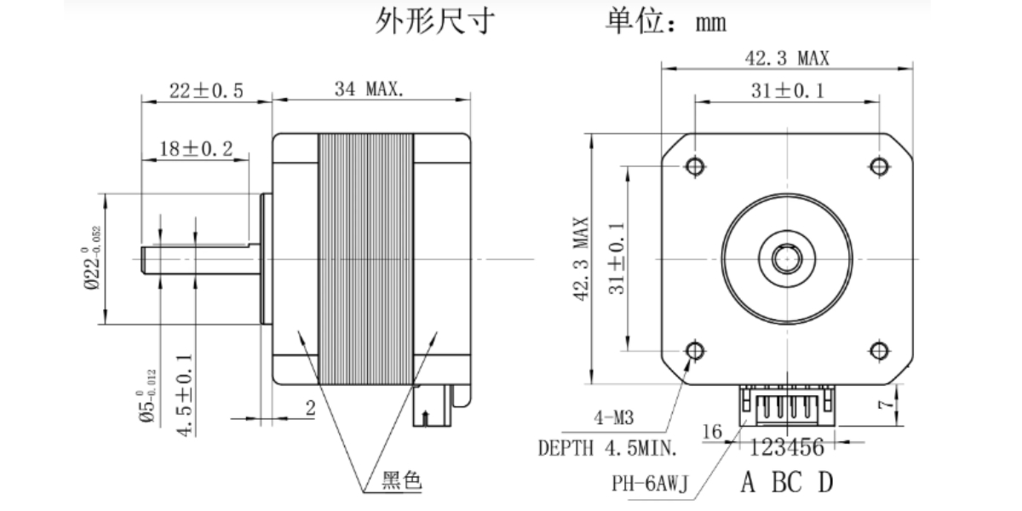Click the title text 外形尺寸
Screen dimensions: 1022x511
435,21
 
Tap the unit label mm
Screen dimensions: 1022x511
710,23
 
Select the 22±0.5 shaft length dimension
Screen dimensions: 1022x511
206,90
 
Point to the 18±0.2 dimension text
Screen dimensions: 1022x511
196,149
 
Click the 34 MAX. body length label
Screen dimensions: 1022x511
370,89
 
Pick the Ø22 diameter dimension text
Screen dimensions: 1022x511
92,258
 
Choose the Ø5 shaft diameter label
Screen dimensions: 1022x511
146,396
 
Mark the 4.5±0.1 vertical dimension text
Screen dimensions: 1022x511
185,395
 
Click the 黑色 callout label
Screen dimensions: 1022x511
401,480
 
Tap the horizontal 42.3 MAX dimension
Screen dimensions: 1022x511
787,59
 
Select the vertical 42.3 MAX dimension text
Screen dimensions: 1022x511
581,259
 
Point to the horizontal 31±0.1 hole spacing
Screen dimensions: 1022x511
788,91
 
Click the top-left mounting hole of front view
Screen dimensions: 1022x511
695,166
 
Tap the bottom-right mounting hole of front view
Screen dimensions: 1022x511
879,351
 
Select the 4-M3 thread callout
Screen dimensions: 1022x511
614,417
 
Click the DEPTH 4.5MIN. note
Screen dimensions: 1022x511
608,449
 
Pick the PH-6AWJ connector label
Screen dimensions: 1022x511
650,483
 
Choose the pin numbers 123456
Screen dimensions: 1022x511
787,447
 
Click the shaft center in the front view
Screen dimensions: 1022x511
787,259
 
